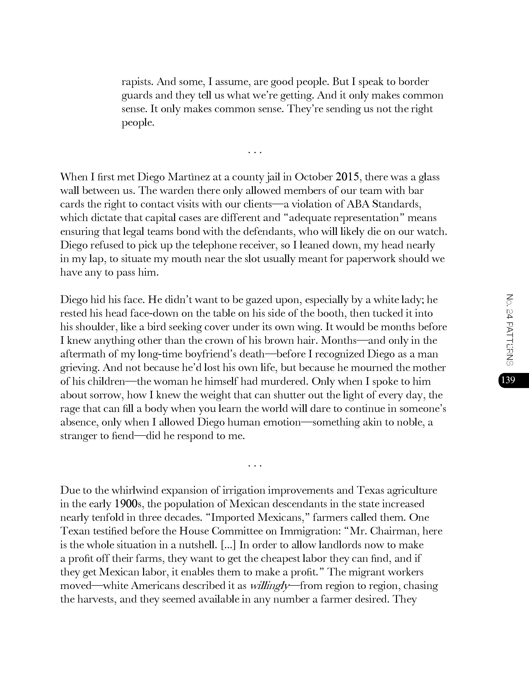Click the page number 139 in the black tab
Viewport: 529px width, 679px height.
point(508,380)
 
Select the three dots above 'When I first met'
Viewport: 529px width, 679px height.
point(255,152)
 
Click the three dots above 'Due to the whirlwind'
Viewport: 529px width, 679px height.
point(255,466)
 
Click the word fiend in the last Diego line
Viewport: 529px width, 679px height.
point(123,436)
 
